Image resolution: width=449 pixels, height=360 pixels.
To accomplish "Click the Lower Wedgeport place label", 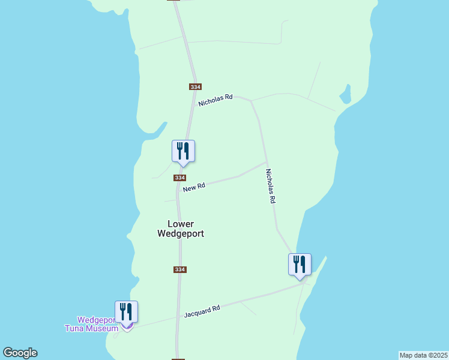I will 181,229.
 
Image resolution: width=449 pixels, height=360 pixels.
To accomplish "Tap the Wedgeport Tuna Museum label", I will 91,324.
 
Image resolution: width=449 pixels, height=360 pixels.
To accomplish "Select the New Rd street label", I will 194,187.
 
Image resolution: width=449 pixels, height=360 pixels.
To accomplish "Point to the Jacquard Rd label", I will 202,311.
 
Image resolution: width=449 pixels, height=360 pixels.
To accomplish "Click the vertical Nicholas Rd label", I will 271,186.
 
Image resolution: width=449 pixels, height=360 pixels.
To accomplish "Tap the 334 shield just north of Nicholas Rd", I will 194,87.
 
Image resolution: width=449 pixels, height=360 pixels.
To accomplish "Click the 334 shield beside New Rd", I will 180,178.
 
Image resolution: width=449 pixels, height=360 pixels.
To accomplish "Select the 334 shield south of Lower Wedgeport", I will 180,270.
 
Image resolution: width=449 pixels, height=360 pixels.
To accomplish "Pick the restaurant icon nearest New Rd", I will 184,151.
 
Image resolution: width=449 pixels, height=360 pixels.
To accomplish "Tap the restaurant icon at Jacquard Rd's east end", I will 300,265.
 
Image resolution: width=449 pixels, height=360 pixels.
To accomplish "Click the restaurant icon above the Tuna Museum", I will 127,312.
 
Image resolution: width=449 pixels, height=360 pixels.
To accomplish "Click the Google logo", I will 20,353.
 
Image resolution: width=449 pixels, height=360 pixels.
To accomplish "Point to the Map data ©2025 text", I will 423,355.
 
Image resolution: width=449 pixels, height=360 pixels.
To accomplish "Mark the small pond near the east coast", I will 345,95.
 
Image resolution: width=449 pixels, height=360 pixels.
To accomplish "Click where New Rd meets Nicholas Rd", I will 267,162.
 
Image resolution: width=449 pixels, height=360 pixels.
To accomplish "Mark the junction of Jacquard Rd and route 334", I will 178,318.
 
